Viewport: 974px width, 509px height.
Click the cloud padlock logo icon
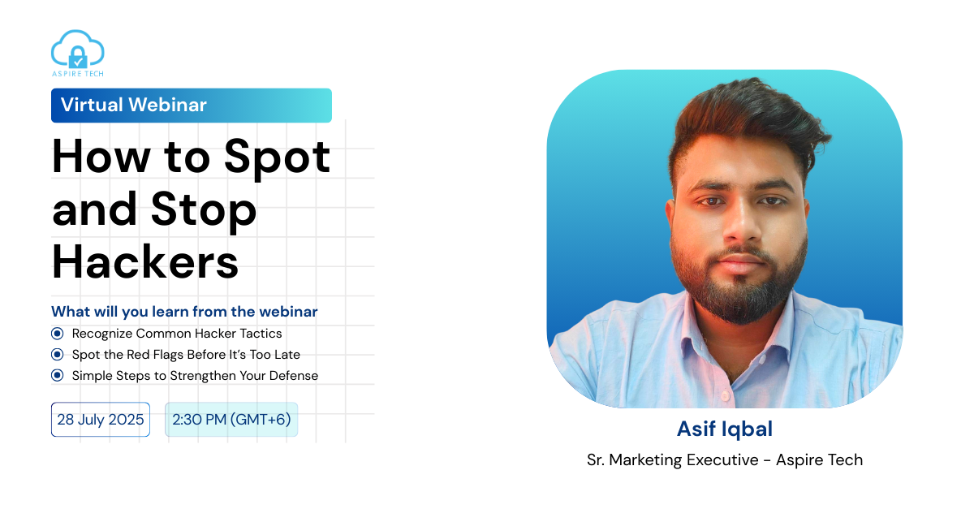(77, 49)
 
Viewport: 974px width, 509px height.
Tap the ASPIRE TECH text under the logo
(78, 74)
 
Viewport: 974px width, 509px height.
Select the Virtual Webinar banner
(192, 106)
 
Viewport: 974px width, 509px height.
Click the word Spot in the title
(277, 158)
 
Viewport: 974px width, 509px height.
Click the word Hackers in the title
(145, 261)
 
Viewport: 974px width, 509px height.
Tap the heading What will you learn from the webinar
(184, 312)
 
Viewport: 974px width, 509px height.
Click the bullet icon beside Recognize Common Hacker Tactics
(57, 334)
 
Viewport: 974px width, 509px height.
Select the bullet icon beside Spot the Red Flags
(57, 355)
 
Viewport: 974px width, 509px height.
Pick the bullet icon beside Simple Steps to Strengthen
(57, 375)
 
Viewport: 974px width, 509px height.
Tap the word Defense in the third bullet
(294, 375)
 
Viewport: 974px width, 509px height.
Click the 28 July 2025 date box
(101, 420)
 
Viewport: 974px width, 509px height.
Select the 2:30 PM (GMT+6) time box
(231, 420)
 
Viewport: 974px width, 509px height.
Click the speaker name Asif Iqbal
(725, 429)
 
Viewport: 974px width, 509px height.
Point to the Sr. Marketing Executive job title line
(725, 459)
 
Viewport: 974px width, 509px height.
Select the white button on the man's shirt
(725, 396)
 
